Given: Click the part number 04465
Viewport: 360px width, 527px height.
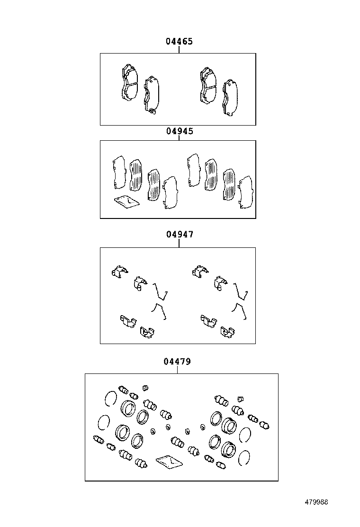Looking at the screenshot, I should pos(179,42).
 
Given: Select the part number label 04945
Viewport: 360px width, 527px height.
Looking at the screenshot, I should pos(179,131).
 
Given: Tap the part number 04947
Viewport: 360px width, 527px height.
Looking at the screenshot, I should pos(179,234).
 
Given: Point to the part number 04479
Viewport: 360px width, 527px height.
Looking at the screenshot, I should pos(177,362).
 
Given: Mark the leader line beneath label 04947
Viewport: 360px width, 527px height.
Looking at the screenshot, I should pos(179,243).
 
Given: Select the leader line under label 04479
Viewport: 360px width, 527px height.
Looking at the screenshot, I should pos(177,370).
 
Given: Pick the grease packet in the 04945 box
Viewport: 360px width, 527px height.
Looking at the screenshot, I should pos(126,202).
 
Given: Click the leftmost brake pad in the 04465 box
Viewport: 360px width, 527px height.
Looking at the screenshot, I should pos(127,83).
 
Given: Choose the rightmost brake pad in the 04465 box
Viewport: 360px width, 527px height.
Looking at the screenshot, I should pos(231,97).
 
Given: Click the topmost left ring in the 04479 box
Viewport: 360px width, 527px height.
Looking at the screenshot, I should pos(110,399).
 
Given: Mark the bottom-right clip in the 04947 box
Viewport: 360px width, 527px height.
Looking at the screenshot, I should pos(227,333).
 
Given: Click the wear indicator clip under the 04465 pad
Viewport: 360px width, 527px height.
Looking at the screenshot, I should pos(152,112).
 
